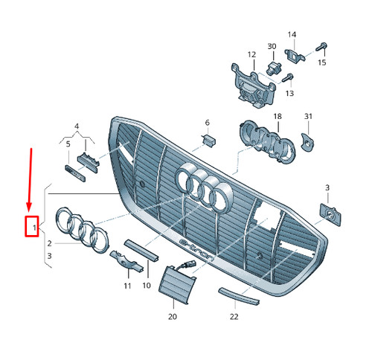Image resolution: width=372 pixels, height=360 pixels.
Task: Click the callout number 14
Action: click(x=292, y=35)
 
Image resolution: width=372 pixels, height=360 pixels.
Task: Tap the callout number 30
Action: click(x=272, y=47)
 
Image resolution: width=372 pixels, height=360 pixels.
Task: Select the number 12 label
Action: click(x=251, y=54)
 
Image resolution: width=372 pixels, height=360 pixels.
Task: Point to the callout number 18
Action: click(x=278, y=118)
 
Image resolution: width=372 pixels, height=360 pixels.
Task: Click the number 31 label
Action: click(x=309, y=118)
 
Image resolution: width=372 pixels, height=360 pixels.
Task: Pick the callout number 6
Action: click(x=208, y=122)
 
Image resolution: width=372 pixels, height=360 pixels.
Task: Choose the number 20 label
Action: click(x=173, y=316)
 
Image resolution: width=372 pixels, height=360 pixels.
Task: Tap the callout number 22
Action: click(x=234, y=316)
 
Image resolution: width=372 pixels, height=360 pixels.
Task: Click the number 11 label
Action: click(x=127, y=285)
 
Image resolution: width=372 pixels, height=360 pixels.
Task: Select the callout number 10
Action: click(x=147, y=285)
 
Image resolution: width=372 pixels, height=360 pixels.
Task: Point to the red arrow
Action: click(x=30, y=179)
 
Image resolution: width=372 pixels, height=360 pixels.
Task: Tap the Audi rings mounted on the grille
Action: click(x=204, y=187)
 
